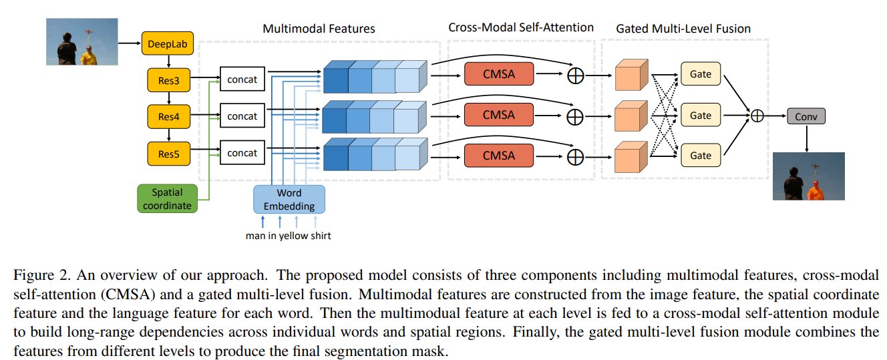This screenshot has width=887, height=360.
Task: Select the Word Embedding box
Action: [x=289, y=198]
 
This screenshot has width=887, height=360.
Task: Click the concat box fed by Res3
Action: [x=242, y=81]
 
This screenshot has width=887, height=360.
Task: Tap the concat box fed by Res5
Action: [x=242, y=153]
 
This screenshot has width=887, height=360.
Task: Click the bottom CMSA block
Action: [x=498, y=156]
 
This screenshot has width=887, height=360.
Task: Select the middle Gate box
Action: [x=700, y=116]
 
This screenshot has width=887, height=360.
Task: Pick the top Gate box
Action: [x=700, y=73]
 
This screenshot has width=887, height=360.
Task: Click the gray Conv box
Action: [x=806, y=116]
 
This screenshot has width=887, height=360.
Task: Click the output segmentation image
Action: [x=808, y=176]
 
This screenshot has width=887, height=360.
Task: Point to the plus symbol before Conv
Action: [x=757, y=116]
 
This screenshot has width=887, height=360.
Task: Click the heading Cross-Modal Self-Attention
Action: [x=520, y=27]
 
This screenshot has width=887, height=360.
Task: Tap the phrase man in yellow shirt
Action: [x=287, y=235]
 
